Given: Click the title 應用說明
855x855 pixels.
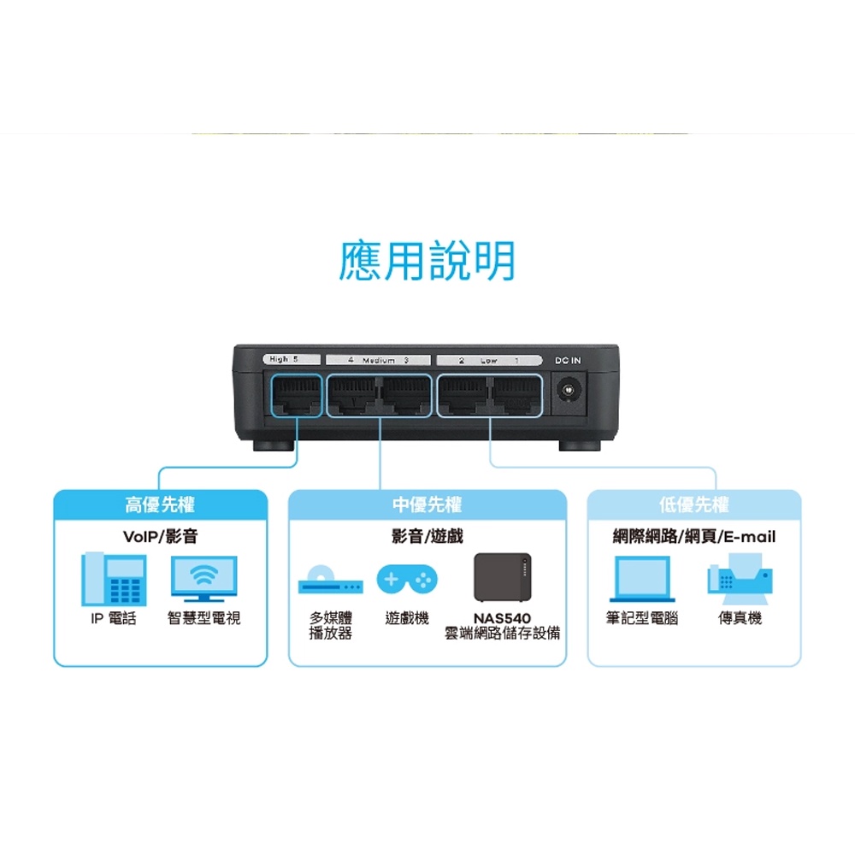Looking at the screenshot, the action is pyautogui.click(x=427, y=261).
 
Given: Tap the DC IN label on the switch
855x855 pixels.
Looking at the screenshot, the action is pyautogui.click(x=568, y=361).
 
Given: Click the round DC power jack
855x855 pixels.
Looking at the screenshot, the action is pyautogui.click(x=569, y=391).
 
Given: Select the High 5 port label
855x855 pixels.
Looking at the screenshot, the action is pyautogui.click(x=292, y=359).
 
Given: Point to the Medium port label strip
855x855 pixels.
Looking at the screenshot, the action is pyautogui.click(x=379, y=361).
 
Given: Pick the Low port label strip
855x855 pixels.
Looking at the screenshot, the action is pyautogui.click(x=489, y=361).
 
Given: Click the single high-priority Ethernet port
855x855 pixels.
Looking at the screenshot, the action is pyautogui.click(x=297, y=395).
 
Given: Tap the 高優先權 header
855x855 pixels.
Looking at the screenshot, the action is pyautogui.click(x=160, y=504).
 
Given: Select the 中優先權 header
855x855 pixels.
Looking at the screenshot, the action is pyautogui.click(x=427, y=504).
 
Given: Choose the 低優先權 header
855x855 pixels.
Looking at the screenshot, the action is pyautogui.click(x=693, y=504).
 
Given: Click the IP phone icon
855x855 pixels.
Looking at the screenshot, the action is pyautogui.click(x=114, y=579).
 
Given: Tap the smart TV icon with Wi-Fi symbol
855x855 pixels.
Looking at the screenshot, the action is pyautogui.click(x=204, y=579).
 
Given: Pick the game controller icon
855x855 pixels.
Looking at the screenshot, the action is pyautogui.click(x=407, y=580).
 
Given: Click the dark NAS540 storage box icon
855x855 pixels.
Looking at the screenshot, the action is pyautogui.click(x=502, y=577).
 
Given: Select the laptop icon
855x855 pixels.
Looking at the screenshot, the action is pyautogui.click(x=642, y=579).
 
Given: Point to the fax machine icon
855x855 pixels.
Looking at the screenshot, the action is pyautogui.click(x=740, y=579).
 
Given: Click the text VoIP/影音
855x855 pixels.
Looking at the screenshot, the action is pyautogui.click(x=161, y=537).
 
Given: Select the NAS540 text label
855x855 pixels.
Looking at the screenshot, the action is pyautogui.click(x=502, y=618).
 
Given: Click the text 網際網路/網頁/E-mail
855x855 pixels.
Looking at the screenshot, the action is pyautogui.click(x=693, y=537).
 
